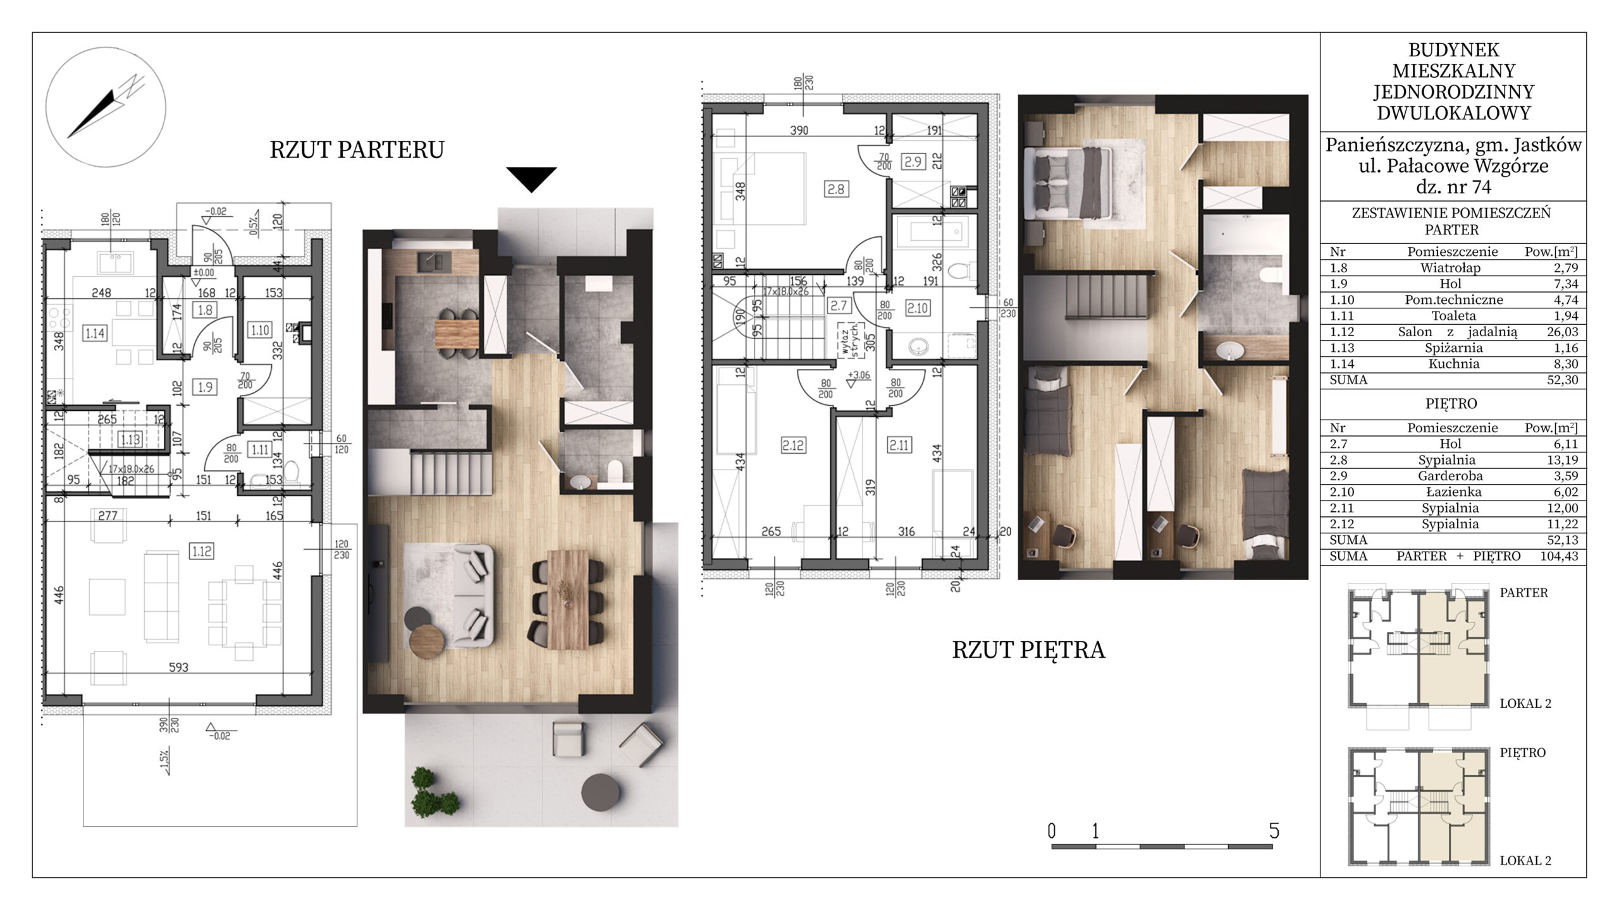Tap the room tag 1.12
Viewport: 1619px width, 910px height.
(202, 551)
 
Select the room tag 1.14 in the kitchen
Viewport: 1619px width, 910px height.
(94, 333)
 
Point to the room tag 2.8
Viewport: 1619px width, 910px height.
(836, 188)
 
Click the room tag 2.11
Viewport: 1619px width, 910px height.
(899, 445)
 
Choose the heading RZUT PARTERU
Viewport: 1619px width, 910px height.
(357, 150)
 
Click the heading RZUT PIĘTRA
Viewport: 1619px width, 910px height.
(1028, 650)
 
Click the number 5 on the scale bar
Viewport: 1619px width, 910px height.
(1274, 830)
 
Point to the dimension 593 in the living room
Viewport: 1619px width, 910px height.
(178, 667)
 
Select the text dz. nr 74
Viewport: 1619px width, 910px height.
(1453, 187)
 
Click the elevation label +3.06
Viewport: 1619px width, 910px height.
(858, 375)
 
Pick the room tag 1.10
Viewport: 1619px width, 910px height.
(260, 330)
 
